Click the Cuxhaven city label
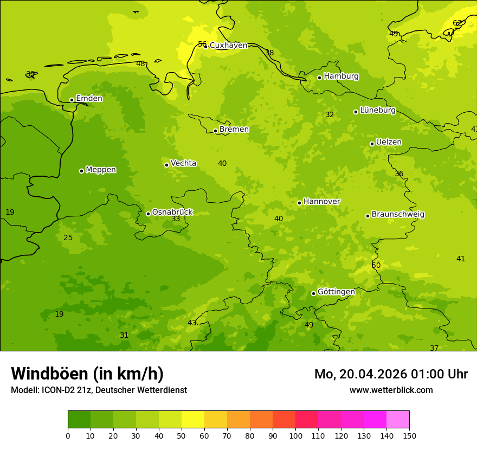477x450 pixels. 228,46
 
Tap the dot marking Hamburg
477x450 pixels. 319,78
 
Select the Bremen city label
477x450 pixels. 234,130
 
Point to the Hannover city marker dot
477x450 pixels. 299,203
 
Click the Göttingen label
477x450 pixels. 336,292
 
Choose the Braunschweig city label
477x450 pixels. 398,215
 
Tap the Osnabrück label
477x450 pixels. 172,213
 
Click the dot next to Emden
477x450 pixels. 72,100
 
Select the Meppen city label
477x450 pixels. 101,170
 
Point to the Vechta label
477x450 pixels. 183,163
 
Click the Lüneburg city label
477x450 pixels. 378,111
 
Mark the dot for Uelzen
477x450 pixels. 372,144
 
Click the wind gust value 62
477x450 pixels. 457,23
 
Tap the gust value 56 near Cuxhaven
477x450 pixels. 202,44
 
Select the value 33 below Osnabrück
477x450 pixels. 176,219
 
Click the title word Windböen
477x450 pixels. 49,374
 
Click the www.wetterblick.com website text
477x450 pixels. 391,390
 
